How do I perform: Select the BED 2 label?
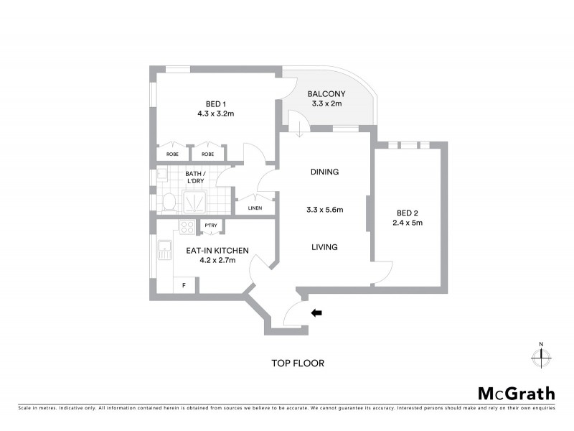pos(407,212)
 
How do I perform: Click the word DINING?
pos(324,172)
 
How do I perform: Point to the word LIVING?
pos(324,247)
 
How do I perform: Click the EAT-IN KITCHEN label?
pos(217,251)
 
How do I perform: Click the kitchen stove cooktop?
pos(187,228)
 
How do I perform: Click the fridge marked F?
pos(184,285)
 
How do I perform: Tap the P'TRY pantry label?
pos(211,226)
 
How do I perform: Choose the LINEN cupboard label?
pos(255,208)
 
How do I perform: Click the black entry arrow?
pos(316,312)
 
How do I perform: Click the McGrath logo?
pos(516,393)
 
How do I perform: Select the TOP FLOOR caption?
pos(297,363)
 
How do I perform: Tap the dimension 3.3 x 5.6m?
pos(324,210)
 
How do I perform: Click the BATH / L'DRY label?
pos(195,177)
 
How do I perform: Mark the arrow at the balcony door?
pos(298,129)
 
